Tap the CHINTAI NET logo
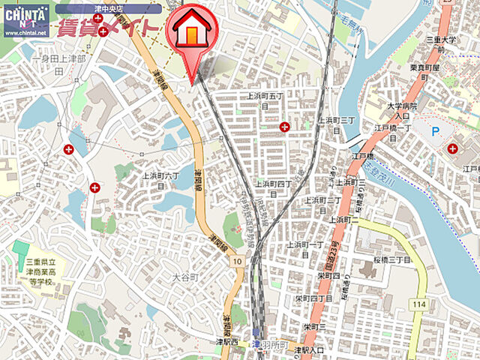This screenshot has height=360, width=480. click(x=25, y=20)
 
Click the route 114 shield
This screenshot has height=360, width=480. click(x=418, y=304)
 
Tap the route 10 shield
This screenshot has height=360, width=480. click(x=237, y=260)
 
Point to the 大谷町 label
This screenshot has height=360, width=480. click(x=184, y=277)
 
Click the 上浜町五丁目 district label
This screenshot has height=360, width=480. click(x=264, y=100)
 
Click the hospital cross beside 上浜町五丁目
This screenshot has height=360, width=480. click(x=284, y=127)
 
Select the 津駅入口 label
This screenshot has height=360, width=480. click(x=308, y=350)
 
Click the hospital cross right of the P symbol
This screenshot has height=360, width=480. click(x=452, y=148)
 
